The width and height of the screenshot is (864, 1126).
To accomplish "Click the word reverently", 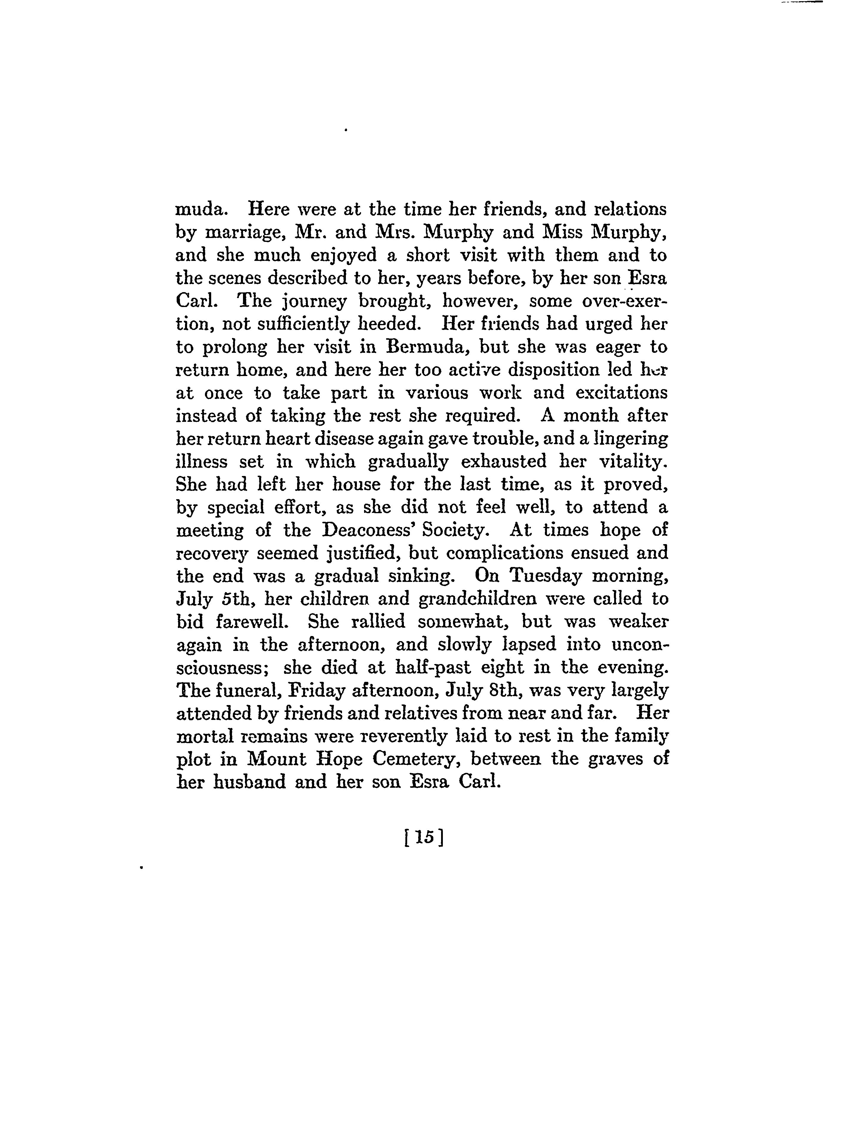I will pos(402,736).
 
